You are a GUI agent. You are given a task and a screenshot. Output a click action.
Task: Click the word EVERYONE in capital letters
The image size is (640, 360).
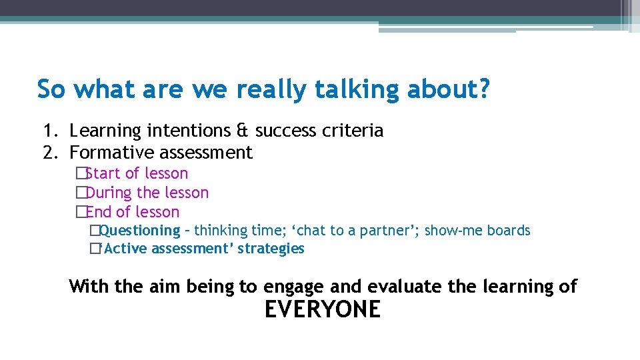tap(323, 310)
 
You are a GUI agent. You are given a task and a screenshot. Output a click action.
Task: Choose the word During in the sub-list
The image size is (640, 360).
tap(109, 193)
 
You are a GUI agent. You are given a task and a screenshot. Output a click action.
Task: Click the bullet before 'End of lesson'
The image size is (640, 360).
tap(81, 212)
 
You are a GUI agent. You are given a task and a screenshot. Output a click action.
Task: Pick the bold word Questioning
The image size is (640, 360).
tap(139, 231)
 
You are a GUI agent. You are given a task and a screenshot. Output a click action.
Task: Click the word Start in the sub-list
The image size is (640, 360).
tap(104, 173)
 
